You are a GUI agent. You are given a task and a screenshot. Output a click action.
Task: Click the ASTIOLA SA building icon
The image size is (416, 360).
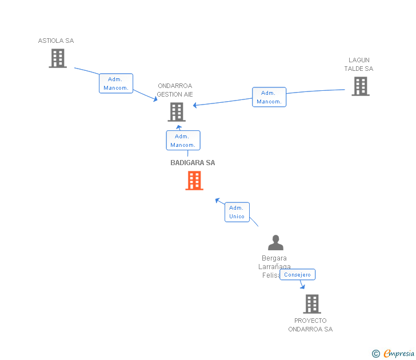click(x=58, y=58)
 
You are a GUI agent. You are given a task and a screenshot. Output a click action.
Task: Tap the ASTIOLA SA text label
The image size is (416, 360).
click(x=56, y=41)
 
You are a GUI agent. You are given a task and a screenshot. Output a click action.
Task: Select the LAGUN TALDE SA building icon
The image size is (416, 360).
click(x=360, y=86)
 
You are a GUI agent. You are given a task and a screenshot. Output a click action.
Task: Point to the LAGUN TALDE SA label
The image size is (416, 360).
click(x=359, y=65)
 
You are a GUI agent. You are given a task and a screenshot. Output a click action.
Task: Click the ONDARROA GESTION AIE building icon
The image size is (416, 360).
click(x=177, y=112)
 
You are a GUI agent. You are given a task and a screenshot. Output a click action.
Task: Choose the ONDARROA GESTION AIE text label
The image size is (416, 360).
click(x=175, y=90)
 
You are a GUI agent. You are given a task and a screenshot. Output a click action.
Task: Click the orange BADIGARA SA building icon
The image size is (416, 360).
click(x=194, y=181)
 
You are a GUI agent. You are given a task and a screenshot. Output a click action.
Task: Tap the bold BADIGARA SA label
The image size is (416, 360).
click(x=193, y=163)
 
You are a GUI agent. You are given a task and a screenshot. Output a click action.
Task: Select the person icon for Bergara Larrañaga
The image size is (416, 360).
click(x=275, y=243)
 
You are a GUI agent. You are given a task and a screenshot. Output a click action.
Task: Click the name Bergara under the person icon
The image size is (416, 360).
click(x=274, y=258)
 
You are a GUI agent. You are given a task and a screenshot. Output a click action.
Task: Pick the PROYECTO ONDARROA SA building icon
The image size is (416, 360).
click(x=311, y=304)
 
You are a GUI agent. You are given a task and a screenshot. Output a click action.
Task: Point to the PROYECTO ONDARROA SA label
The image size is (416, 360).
click(x=310, y=325)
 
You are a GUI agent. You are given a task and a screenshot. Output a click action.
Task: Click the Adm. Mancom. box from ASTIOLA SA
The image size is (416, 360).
click(x=116, y=83)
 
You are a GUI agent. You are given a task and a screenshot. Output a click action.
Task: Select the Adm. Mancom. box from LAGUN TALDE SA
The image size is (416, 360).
click(x=269, y=97)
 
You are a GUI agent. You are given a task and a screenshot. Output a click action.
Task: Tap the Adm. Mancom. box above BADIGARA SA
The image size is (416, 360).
click(x=183, y=141)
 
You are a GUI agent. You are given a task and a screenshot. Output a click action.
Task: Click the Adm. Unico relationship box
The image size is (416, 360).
click(x=237, y=212)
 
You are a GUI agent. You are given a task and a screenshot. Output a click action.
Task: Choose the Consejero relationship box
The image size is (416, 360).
click(x=297, y=275)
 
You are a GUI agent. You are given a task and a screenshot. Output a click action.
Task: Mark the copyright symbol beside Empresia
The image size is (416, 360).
click(x=376, y=354)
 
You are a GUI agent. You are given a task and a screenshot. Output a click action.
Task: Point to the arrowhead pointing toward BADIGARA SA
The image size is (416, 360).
click(x=217, y=200)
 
